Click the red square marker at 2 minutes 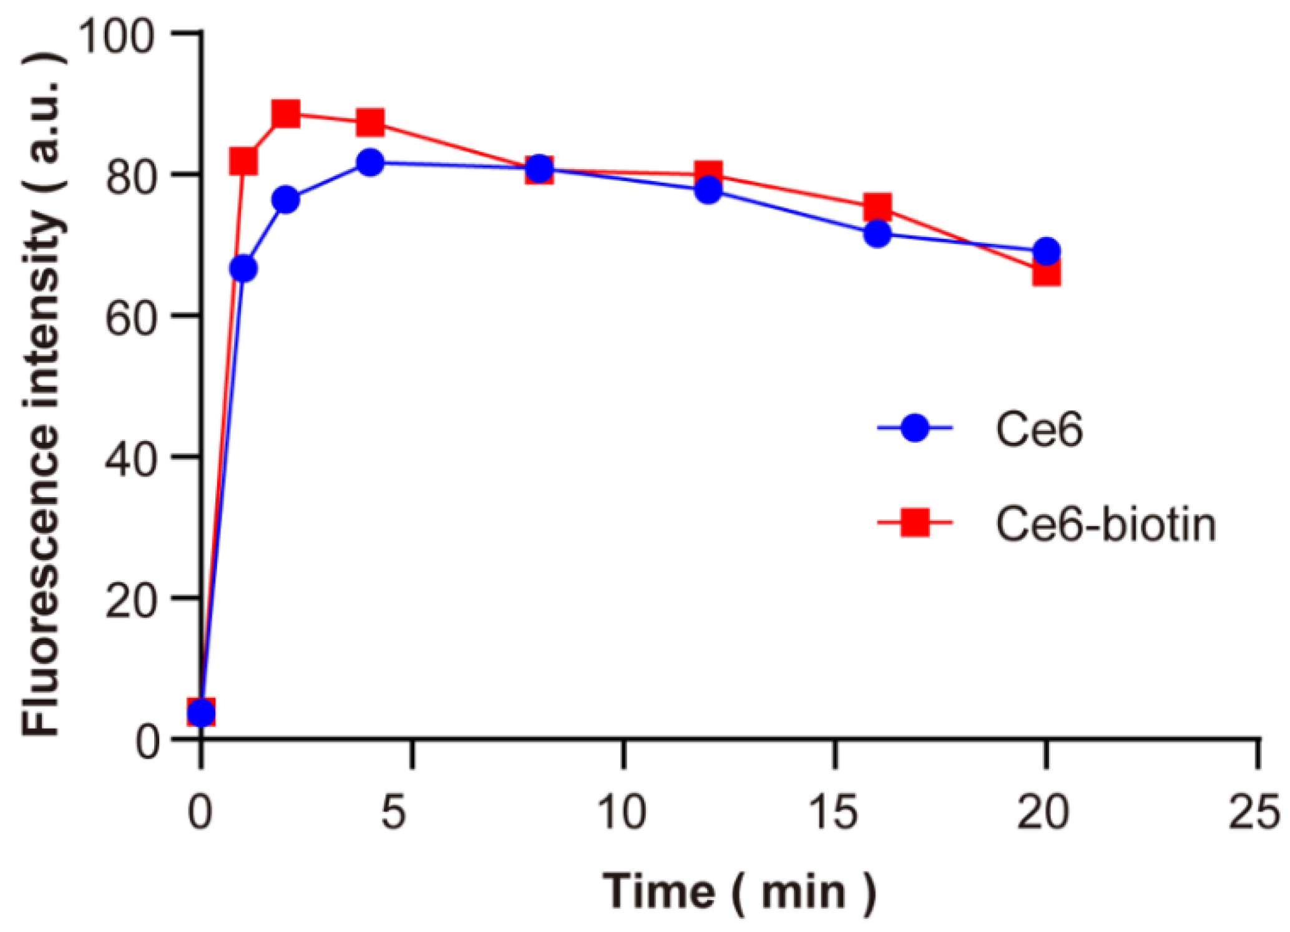[x=286, y=114]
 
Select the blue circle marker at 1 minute [x=243, y=269]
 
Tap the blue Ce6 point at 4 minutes [x=370, y=162]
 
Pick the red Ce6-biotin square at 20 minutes [x=1046, y=273]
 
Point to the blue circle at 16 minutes [x=877, y=234]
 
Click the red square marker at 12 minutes [x=708, y=174]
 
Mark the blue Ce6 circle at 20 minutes [x=1047, y=251]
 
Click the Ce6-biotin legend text [x=1105, y=524]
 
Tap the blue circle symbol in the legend [x=915, y=428]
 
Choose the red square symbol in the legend [x=915, y=523]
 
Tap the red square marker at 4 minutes [x=370, y=123]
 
